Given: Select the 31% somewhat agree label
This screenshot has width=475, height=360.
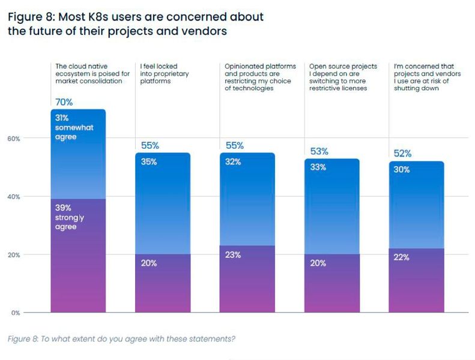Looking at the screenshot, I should coord(74,127).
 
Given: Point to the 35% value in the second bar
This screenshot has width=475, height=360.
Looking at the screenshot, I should coord(149,161).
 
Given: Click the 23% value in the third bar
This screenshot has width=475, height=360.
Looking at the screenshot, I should coord(233,254).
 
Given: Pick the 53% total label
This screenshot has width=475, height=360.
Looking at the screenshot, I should coord(318,151).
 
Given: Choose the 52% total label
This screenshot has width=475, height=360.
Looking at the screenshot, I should coord(402,154).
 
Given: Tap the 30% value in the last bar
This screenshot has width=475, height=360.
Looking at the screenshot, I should coord(402,170).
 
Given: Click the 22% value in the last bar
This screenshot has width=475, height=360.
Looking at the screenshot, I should coord(402,257).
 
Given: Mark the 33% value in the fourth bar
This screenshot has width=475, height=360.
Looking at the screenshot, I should coord(318,167).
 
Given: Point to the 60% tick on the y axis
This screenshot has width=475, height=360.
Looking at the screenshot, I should coord(13,139).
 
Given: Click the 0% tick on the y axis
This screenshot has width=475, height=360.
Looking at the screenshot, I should coord(15,313).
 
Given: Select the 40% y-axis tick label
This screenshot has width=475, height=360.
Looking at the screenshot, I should coord(13,197).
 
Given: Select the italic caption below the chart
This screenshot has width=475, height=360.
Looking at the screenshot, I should coord(121,339).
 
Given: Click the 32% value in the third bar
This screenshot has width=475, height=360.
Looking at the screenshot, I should coord(233,161).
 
